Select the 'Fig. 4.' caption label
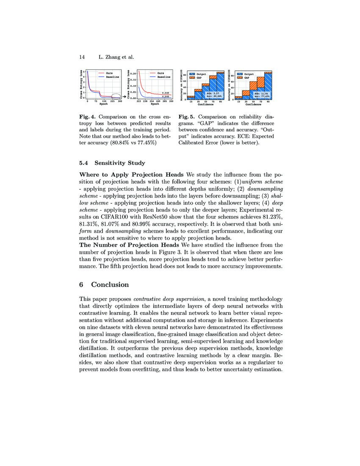86,116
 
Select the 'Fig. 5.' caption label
186,116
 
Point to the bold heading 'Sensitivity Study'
119,163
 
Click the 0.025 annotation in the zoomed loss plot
166,93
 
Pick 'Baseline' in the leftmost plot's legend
112,77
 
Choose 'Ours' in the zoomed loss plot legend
161,73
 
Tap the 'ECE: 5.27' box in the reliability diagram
212,93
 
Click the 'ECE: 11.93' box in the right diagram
260,93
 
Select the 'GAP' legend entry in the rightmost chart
247,78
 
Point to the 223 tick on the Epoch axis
138,102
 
